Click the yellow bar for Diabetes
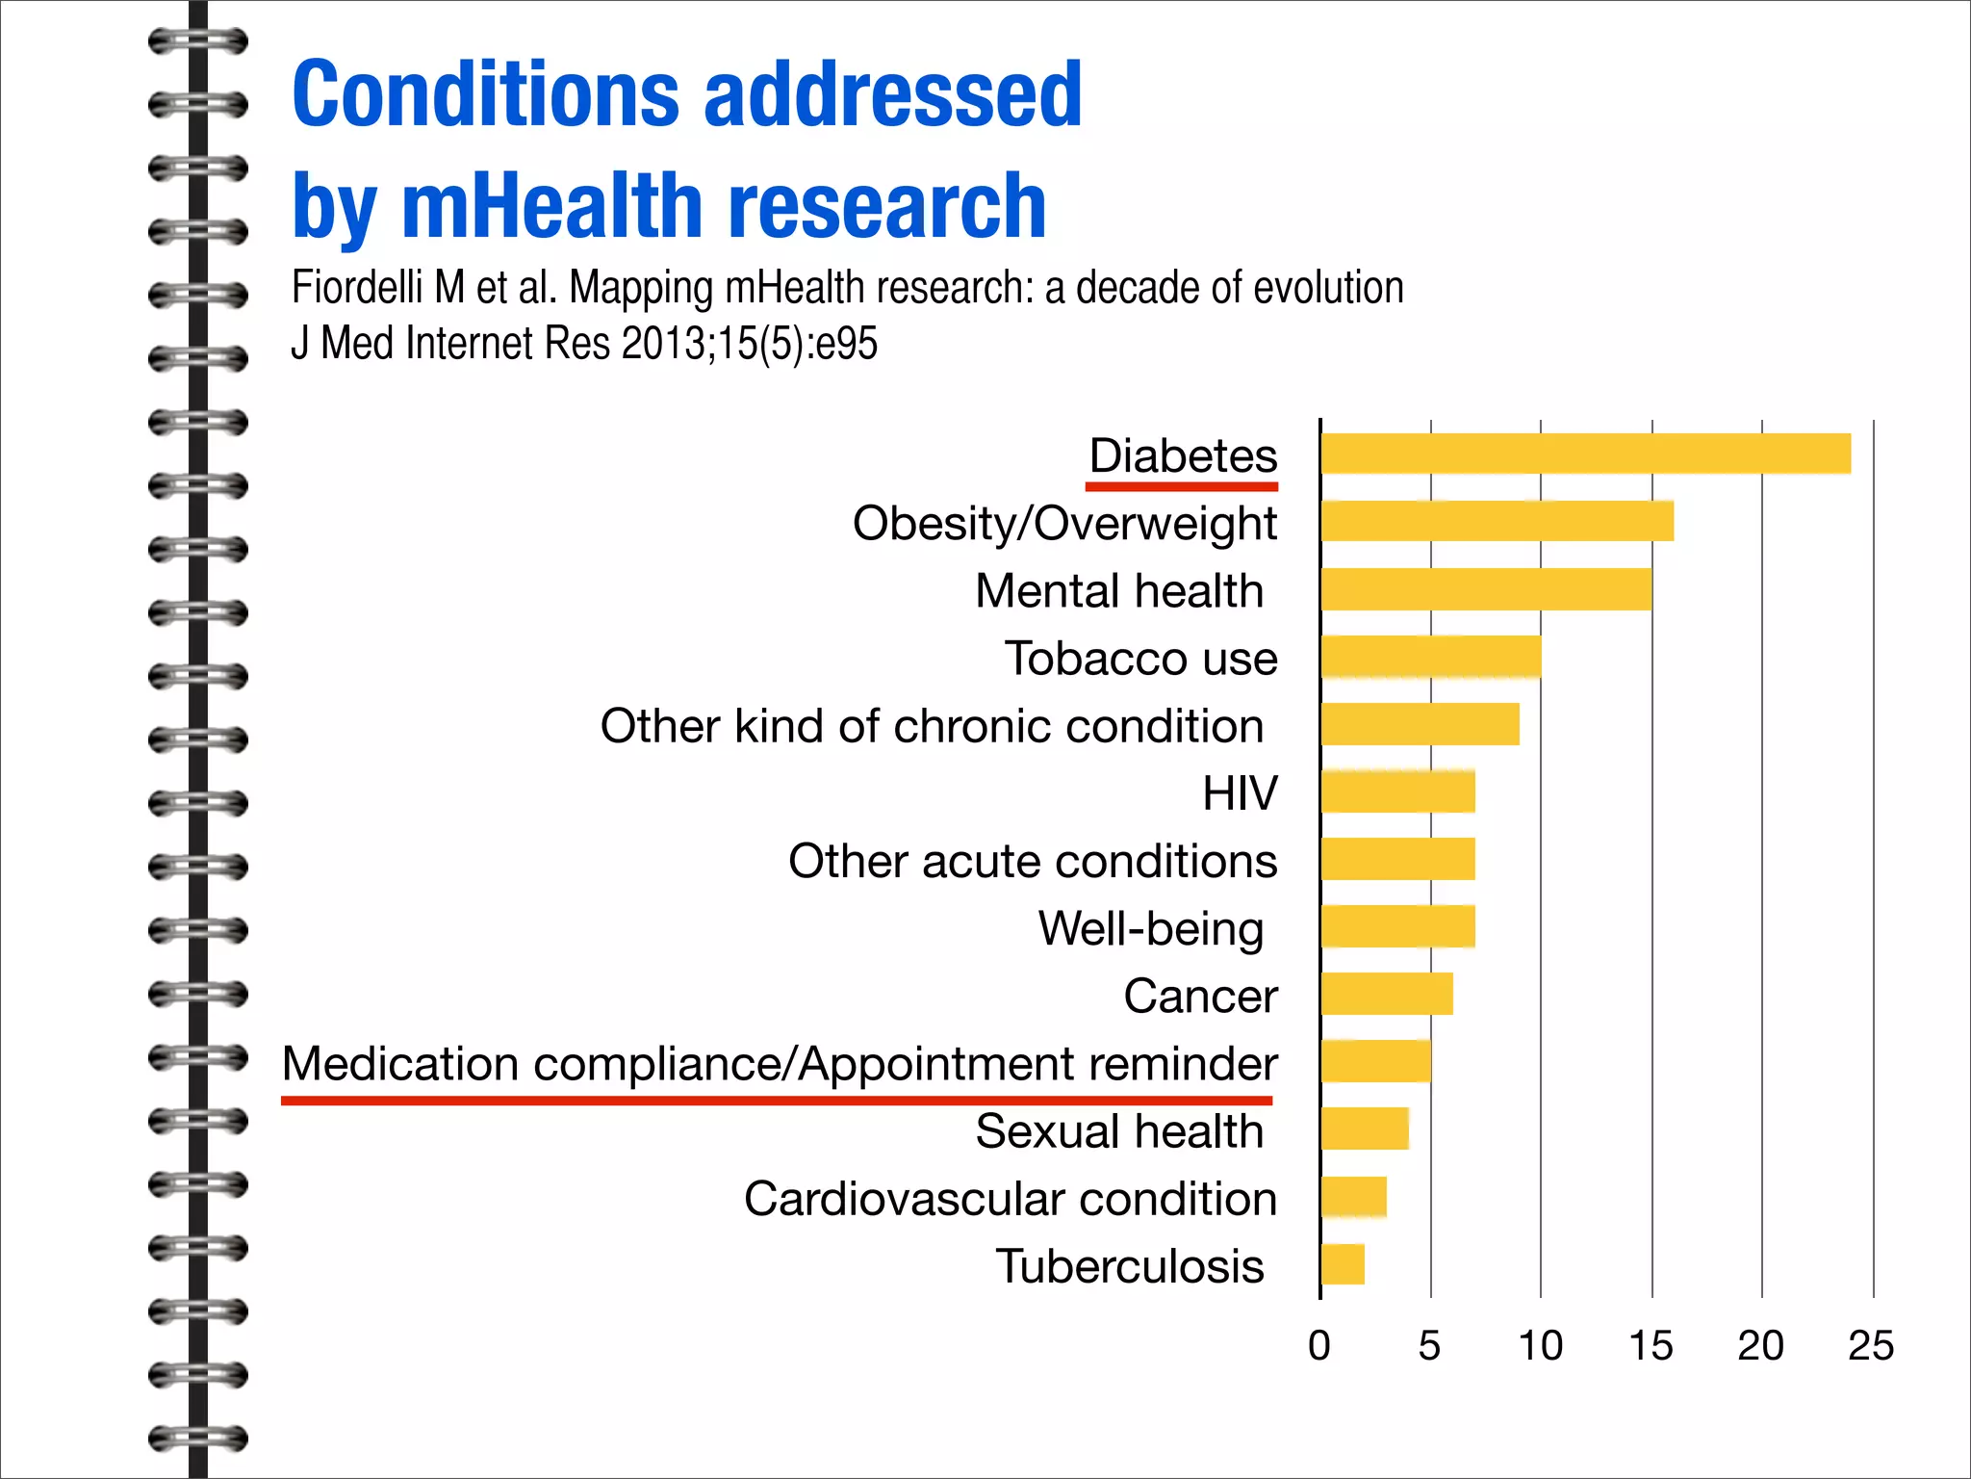1585,454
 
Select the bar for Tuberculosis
1343,1264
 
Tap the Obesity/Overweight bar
1497,521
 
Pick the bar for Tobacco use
1431,657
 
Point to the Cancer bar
1387,994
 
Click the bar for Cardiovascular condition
1354,1197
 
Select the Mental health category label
1118,590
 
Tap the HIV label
1240,793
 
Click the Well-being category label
1150,928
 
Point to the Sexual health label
1118,1131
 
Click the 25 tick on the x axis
1870,1345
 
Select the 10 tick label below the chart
1540,1345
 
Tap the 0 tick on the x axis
1319,1345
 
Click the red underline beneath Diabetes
1182,486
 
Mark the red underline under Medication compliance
776,1100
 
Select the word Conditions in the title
486,93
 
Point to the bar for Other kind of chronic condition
1420,724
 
